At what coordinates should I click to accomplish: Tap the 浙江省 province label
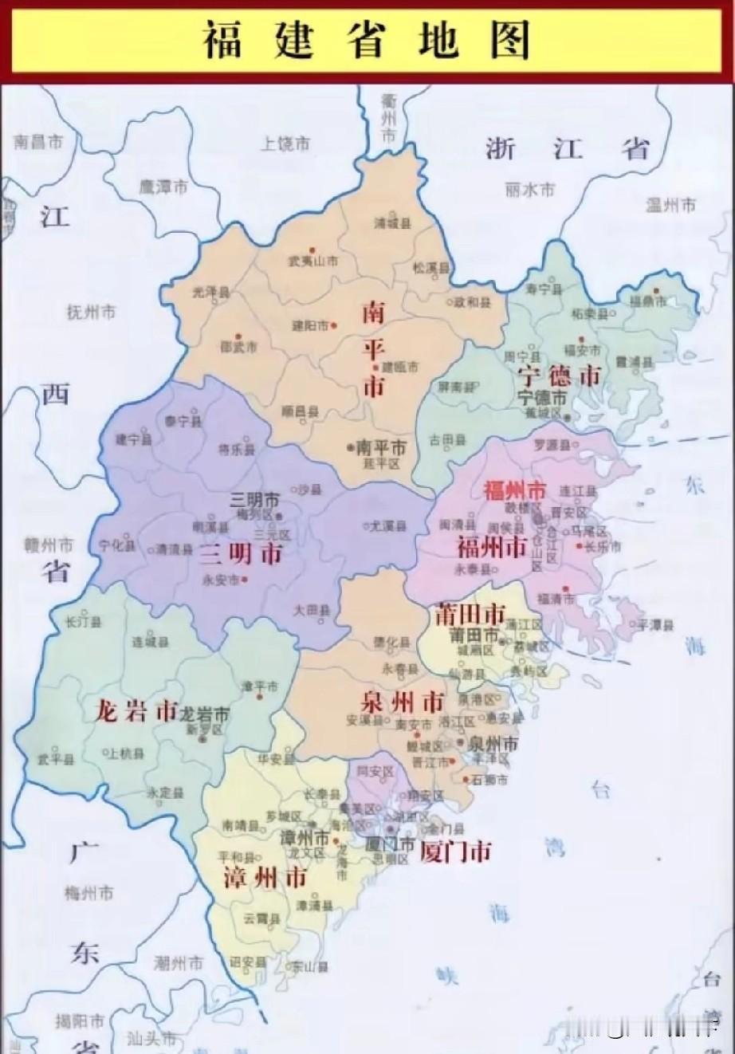point(567,148)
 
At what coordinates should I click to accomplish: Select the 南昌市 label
point(37,143)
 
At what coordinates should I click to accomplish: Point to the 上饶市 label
point(285,144)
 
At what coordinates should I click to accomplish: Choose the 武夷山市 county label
point(312,261)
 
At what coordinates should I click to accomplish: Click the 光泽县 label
point(211,292)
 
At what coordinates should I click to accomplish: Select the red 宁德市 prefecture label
point(558,376)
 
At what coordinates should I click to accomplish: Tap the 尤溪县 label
point(387,526)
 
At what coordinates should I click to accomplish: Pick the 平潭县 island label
point(656,624)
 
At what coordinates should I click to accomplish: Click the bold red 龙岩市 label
point(135,710)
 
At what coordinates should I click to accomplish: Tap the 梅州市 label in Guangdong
point(89,893)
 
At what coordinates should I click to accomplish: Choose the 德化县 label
point(392,643)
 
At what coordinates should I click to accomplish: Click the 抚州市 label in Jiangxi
point(92,312)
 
